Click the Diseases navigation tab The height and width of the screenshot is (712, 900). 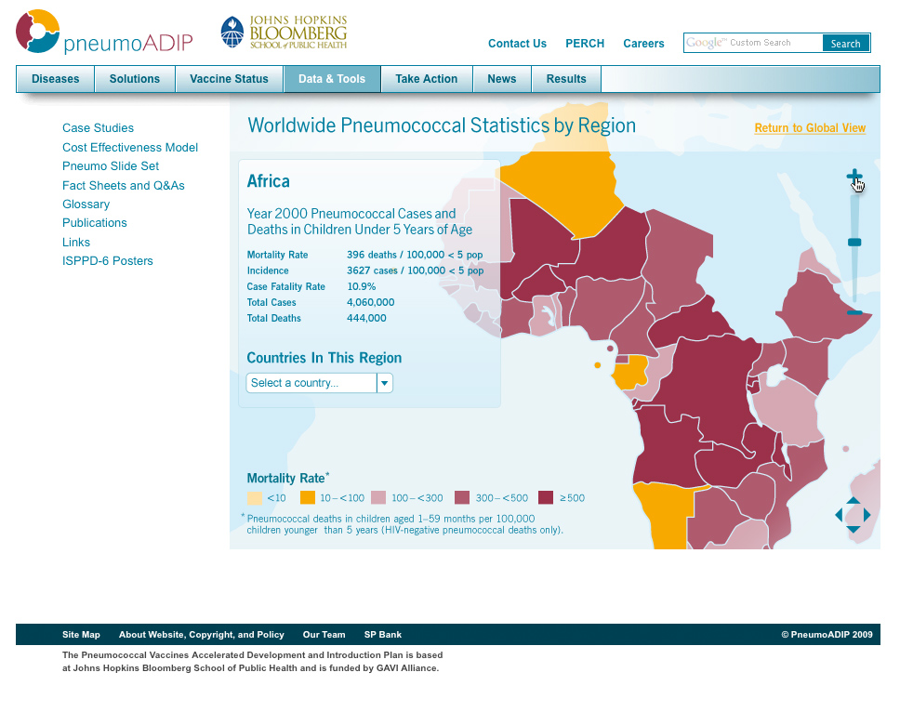point(56,79)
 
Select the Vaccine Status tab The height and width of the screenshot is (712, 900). point(229,79)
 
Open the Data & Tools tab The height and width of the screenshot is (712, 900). point(332,79)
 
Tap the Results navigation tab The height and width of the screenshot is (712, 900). point(566,79)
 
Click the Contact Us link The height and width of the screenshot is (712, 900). point(517,44)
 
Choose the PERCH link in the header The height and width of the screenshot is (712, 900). point(585,44)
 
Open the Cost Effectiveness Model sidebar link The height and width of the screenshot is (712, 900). point(130,148)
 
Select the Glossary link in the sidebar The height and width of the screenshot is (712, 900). point(86,204)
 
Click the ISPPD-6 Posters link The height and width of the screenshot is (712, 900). point(108,261)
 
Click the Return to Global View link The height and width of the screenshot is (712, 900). point(810,128)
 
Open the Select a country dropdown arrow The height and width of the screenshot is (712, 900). point(384,383)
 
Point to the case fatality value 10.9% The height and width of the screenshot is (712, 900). point(362,286)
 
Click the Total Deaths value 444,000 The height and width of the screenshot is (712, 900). point(366,318)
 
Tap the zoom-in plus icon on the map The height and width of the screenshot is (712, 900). point(854,176)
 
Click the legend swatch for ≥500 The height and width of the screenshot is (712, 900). point(546,498)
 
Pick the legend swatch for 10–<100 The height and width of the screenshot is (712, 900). point(308,498)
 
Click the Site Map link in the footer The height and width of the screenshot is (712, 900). point(81,635)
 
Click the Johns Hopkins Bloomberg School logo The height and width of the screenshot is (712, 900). point(284,33)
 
